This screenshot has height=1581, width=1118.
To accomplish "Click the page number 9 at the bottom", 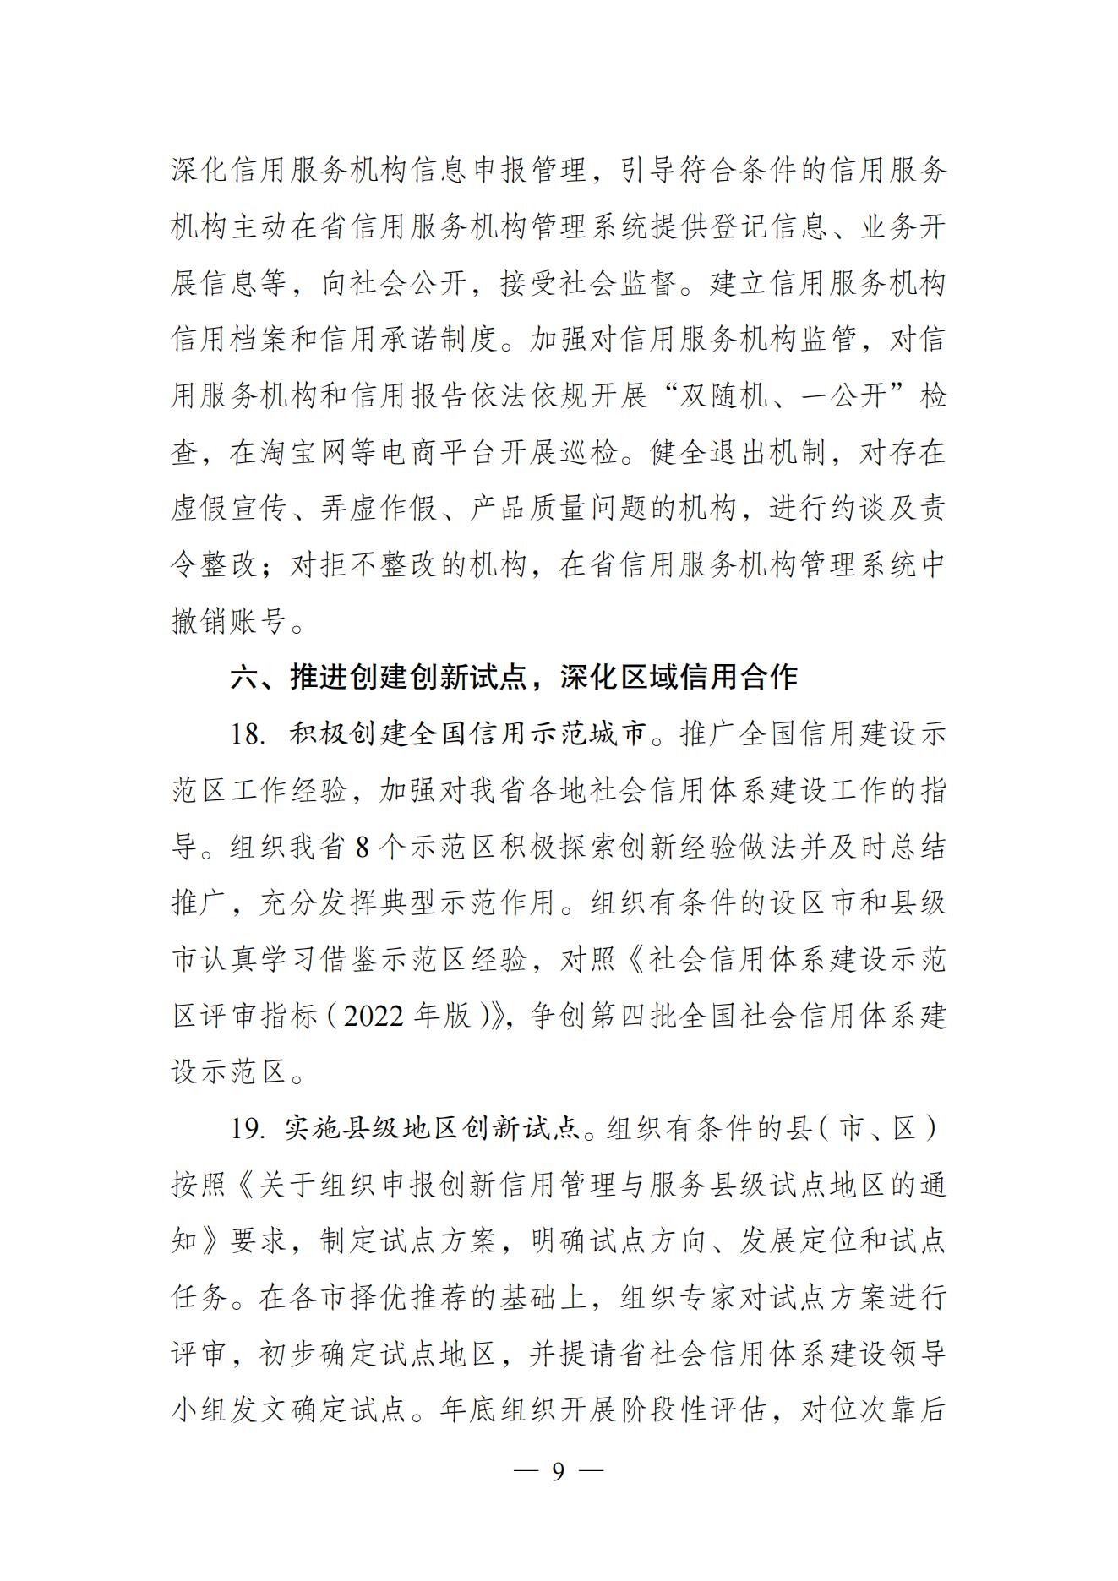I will point(558,1471).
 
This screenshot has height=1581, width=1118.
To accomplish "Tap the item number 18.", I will point(248,733).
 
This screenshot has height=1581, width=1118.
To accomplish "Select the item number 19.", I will point(248,1128).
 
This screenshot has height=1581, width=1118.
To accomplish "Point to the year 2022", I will point(374,1016).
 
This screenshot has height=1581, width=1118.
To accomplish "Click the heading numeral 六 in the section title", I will point(244,677).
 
